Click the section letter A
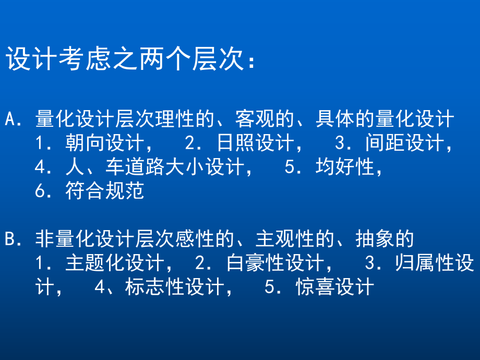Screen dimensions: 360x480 pos(11,119)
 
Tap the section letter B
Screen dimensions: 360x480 pos(11,239)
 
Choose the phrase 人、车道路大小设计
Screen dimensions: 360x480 pos(154,167)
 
